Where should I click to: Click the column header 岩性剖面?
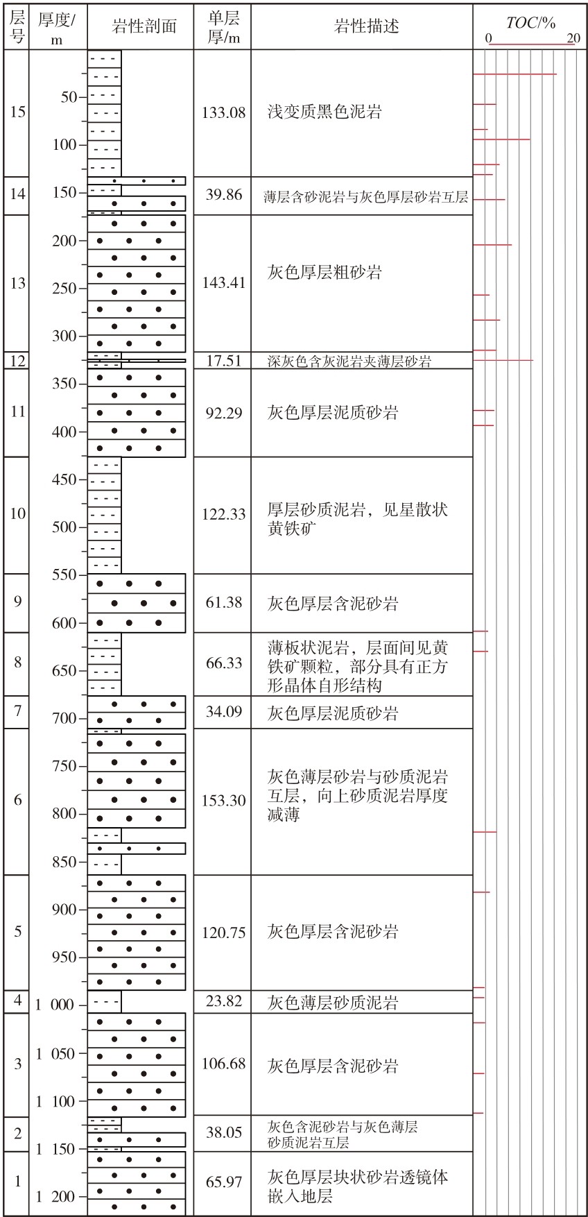coord(144,27)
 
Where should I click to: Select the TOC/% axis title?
coord(531,23)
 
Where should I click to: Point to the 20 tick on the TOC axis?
coord(573,38)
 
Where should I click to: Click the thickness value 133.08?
coord(223,112)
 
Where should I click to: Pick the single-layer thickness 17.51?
coord(223,361)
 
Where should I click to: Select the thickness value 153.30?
coord(223,801)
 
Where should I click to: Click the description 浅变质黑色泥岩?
coord(325,112)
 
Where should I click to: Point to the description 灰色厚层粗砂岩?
coord(325,272)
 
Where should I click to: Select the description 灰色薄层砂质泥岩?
coord(333,1003)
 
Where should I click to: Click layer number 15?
coord(18,112)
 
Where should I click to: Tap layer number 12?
coord(18,361)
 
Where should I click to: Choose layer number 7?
coord(18,711)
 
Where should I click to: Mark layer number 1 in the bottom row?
coord(18,1182)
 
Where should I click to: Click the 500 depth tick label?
coord(64,527)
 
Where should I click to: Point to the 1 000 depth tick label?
coord(55,1005)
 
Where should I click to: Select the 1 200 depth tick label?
coord(55,1197)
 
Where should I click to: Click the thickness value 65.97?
coord(223,1182)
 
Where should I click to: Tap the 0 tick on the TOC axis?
coord(488,38)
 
